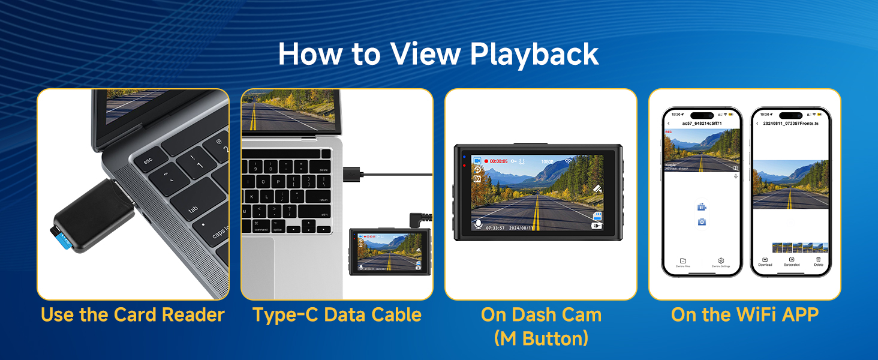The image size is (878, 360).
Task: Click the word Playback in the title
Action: coord(535,54)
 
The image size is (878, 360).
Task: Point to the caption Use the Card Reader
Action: coord(133,315)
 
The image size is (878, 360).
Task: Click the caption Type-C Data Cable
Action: coord(336,315)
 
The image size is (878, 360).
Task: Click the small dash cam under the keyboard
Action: coord(388,251)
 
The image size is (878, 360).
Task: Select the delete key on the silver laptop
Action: coord(323,169)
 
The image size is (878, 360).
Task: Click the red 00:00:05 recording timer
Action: coord(497,161)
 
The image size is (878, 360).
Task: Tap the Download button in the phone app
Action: coord(765,261)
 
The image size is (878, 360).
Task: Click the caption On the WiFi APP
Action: coord(744,315)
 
